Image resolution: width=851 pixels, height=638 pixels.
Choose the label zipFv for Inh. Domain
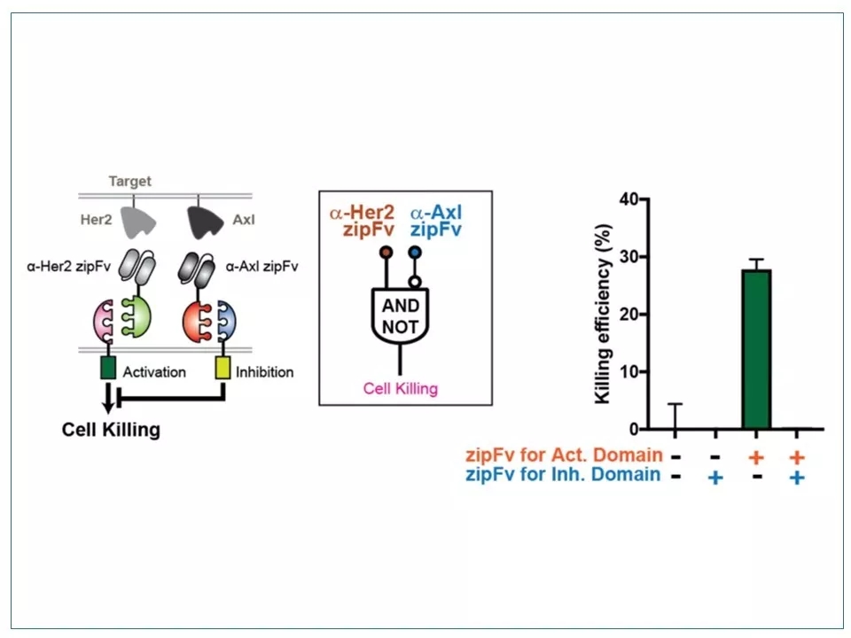563,476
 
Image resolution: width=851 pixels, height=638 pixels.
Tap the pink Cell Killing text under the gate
402,388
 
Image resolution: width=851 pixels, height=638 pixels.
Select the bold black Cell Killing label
111,431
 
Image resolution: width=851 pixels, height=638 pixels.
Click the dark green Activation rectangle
108,369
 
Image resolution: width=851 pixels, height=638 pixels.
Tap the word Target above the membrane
130,182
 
